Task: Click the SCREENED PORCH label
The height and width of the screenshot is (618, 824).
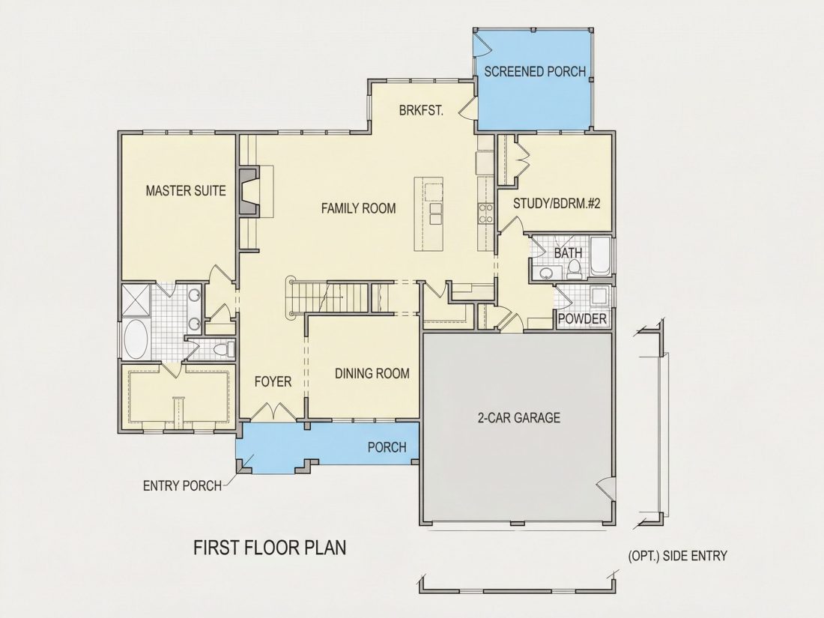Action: point(535,71)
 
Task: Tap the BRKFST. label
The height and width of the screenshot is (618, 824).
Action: point(422,111)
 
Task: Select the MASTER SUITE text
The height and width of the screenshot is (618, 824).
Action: point(186,190)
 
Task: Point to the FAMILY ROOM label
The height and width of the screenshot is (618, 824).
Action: point(358,209)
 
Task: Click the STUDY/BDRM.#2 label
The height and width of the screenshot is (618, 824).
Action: point(557,203)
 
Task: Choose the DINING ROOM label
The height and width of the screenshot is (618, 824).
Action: point(372,374)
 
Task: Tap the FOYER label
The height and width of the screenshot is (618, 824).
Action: point(273,381)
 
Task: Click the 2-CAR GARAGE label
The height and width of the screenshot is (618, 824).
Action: point(518,418)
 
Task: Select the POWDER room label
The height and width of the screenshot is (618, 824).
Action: point(582,319)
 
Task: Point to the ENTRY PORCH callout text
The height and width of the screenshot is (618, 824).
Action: point(182,485)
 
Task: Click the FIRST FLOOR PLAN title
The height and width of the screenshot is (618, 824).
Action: point(270,548)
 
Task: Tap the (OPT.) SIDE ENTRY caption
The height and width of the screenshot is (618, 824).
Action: point(678,556)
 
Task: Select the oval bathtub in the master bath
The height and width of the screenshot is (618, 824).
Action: point(136,339)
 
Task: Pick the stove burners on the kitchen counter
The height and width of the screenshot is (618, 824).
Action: point(485,214)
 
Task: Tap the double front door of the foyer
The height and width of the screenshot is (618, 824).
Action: point(273,411)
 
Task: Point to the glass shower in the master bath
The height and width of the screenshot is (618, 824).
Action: point(136,300)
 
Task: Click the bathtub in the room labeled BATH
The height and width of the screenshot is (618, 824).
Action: point(599,256)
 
